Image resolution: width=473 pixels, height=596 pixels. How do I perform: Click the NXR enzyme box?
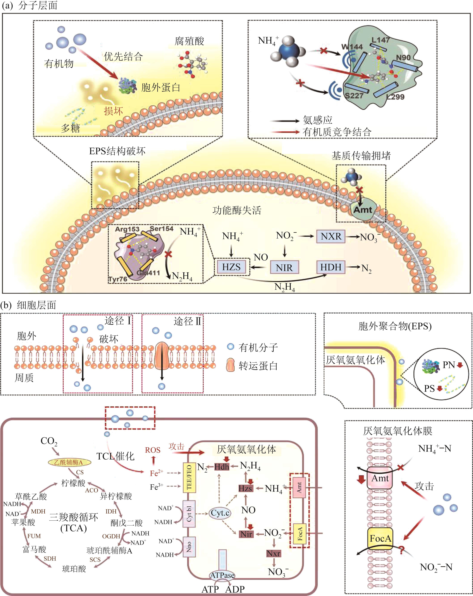click(331, 236)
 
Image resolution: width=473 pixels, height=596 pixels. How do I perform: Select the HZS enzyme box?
click(231, 267)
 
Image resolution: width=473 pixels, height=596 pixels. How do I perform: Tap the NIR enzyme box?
click(284, 268)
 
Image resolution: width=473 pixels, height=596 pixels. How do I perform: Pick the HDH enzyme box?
click(331, 267)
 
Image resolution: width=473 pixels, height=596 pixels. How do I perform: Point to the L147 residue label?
click(381, 40)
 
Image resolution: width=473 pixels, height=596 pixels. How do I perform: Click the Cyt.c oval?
click(220, 513)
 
